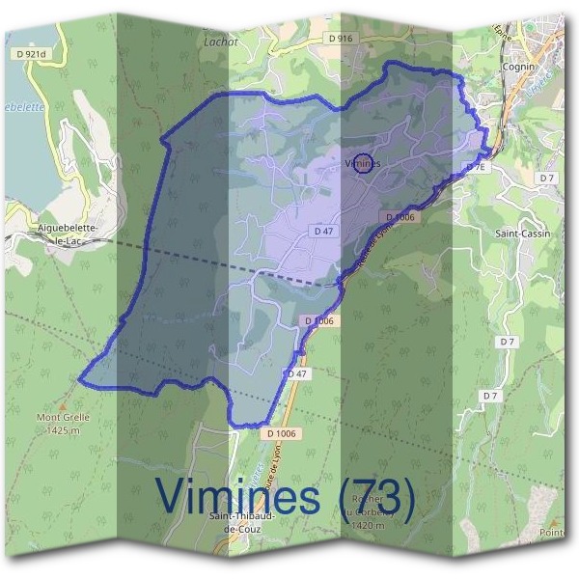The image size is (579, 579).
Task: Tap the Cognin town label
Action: click(519, 68)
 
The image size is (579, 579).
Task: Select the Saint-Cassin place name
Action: click(522, 234)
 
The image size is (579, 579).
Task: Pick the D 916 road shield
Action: click(341, 38)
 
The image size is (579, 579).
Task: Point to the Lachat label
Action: click(220, 42)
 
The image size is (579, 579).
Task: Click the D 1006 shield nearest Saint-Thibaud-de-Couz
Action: click(283, 434)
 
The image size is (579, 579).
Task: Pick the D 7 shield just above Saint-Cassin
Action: click(547, 179)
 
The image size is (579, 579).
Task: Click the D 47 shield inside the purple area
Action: click(323, 232)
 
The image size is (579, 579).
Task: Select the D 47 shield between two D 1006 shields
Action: click(297, 373)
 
